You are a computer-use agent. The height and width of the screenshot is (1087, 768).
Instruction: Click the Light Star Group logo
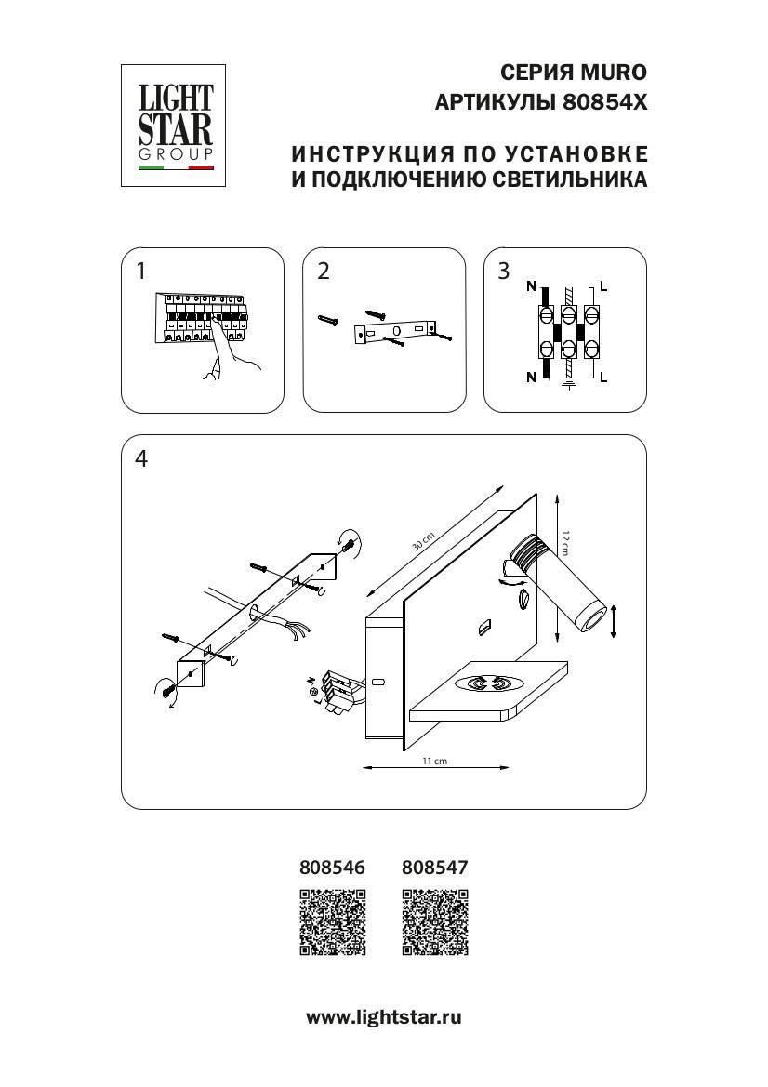[176, 125]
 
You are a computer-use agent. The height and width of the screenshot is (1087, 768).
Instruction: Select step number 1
[140, 272]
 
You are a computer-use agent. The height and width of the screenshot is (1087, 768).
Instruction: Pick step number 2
[324, 272]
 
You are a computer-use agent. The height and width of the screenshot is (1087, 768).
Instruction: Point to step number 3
[504, 272]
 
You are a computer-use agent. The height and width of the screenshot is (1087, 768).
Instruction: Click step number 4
[141, 458]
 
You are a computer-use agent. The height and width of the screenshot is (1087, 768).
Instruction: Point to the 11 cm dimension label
[435, 761]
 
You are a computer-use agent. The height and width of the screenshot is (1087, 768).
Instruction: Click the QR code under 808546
[332, 921]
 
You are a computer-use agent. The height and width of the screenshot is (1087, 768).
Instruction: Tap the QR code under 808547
[434, 921]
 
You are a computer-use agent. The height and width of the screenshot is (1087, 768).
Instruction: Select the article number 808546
[332, 867]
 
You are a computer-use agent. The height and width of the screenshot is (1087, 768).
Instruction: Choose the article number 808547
[434, 867]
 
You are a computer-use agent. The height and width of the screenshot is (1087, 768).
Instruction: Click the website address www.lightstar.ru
[384, 1017]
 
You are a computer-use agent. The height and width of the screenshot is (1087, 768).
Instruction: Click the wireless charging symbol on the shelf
[489, 684]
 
